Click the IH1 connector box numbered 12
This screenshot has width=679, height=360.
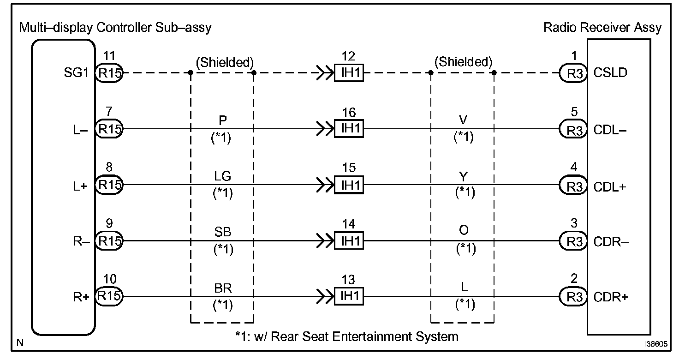(349, 73)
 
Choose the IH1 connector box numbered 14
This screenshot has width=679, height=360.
(349, 241)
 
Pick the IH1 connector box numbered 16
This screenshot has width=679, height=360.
(349, 129)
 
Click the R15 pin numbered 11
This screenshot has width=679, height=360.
(109, 73)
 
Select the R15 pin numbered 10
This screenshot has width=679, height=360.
(109, 296)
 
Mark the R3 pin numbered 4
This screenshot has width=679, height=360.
(573, 186)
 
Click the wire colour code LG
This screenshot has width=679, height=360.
(222, 176)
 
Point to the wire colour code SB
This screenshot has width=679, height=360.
(222, 232)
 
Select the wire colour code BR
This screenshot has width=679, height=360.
(222, 288)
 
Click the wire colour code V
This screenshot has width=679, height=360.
(464, 120)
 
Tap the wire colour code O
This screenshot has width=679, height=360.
(464, 232)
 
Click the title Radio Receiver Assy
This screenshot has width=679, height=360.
(602, 27)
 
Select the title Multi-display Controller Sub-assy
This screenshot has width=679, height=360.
(115, 27)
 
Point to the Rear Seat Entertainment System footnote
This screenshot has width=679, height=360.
(346, 336)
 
